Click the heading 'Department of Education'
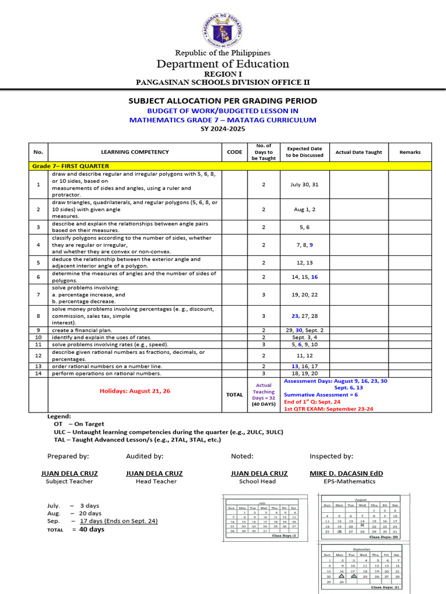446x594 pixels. [223, 64]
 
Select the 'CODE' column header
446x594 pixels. [235, 152]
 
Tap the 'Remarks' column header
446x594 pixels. [410, 152]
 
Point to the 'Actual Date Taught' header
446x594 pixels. [359, 152]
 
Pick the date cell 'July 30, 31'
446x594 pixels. [304, 184]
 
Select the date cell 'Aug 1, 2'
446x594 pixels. [304, 209]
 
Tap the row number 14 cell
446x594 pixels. [38, 374]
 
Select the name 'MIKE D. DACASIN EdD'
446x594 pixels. [346, 473]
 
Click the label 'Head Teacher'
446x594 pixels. [156, 481]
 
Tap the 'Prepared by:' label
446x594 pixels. [68, 457]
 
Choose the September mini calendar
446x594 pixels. [361, 568]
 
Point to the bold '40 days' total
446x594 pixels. [92, 529]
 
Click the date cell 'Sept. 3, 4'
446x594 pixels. [304, 337]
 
